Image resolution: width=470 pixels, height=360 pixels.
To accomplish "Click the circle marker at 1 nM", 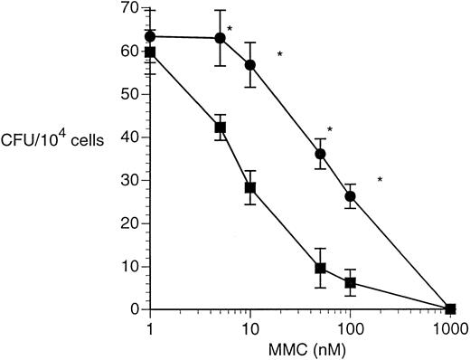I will (150, 36).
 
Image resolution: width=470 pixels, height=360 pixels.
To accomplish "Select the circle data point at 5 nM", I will (220, 38).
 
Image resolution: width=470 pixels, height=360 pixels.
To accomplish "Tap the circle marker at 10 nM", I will (250, 65).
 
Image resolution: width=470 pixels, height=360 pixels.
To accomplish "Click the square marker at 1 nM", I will (150, 52).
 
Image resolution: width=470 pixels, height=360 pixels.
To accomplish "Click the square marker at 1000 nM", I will (450, 308).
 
